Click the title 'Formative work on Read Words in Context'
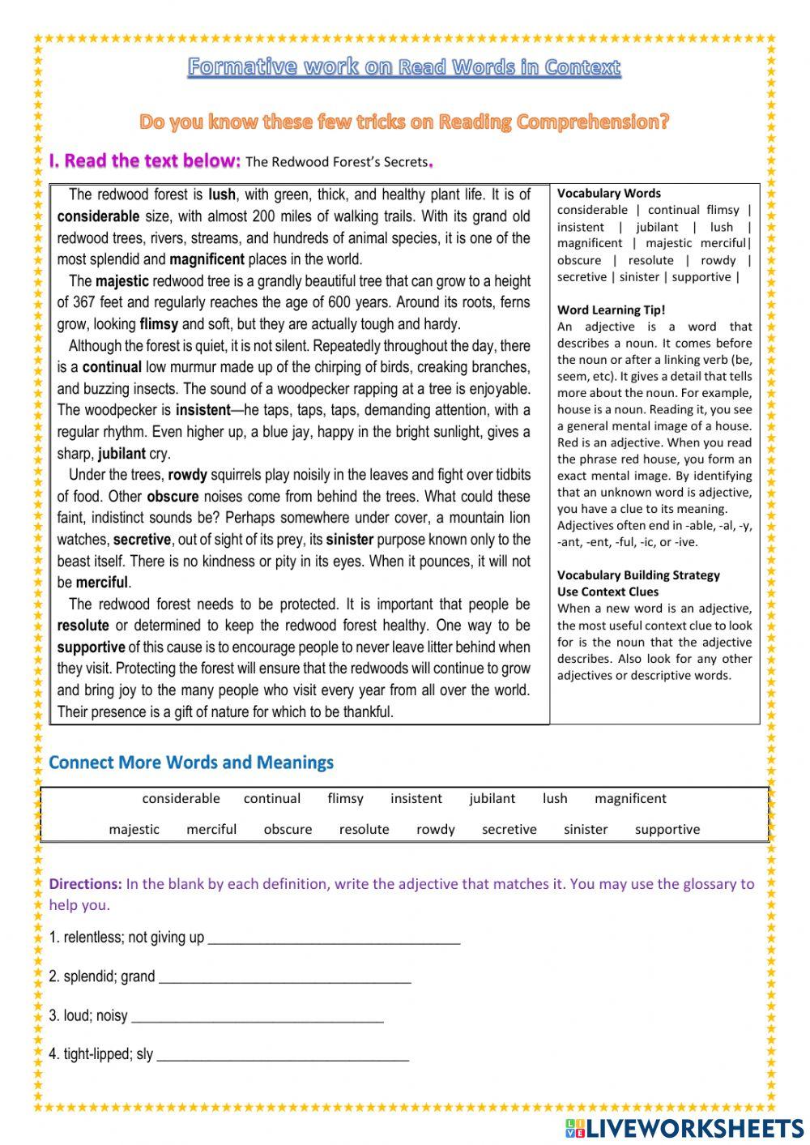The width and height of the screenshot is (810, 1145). [x=404, y=66]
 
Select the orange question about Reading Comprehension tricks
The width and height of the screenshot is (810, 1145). [x=404, y=122]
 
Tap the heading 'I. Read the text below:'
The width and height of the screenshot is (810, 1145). [x=144, y=160]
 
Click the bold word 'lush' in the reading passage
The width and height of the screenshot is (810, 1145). [x=221, y=194]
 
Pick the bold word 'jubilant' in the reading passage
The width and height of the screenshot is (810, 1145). [x=122, y=454]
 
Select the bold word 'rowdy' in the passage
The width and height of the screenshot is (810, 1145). [x=187, y=475]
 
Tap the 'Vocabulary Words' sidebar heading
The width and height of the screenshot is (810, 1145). [x=608, y=193]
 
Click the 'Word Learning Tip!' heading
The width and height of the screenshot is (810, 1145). [x=611, y=310]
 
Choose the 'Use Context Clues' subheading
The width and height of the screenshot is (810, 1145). [x=607, y=592]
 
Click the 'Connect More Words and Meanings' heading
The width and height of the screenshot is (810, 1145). [x=191, y=763]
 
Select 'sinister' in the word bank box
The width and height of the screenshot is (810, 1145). [x=586, y=829]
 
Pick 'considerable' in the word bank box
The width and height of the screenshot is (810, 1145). [x=181, y=798]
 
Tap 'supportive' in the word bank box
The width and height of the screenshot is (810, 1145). [x=667, y=829]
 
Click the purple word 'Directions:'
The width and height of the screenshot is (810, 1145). [x=85, y=884]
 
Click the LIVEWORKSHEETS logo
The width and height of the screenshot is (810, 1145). [x=684, y=1128]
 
